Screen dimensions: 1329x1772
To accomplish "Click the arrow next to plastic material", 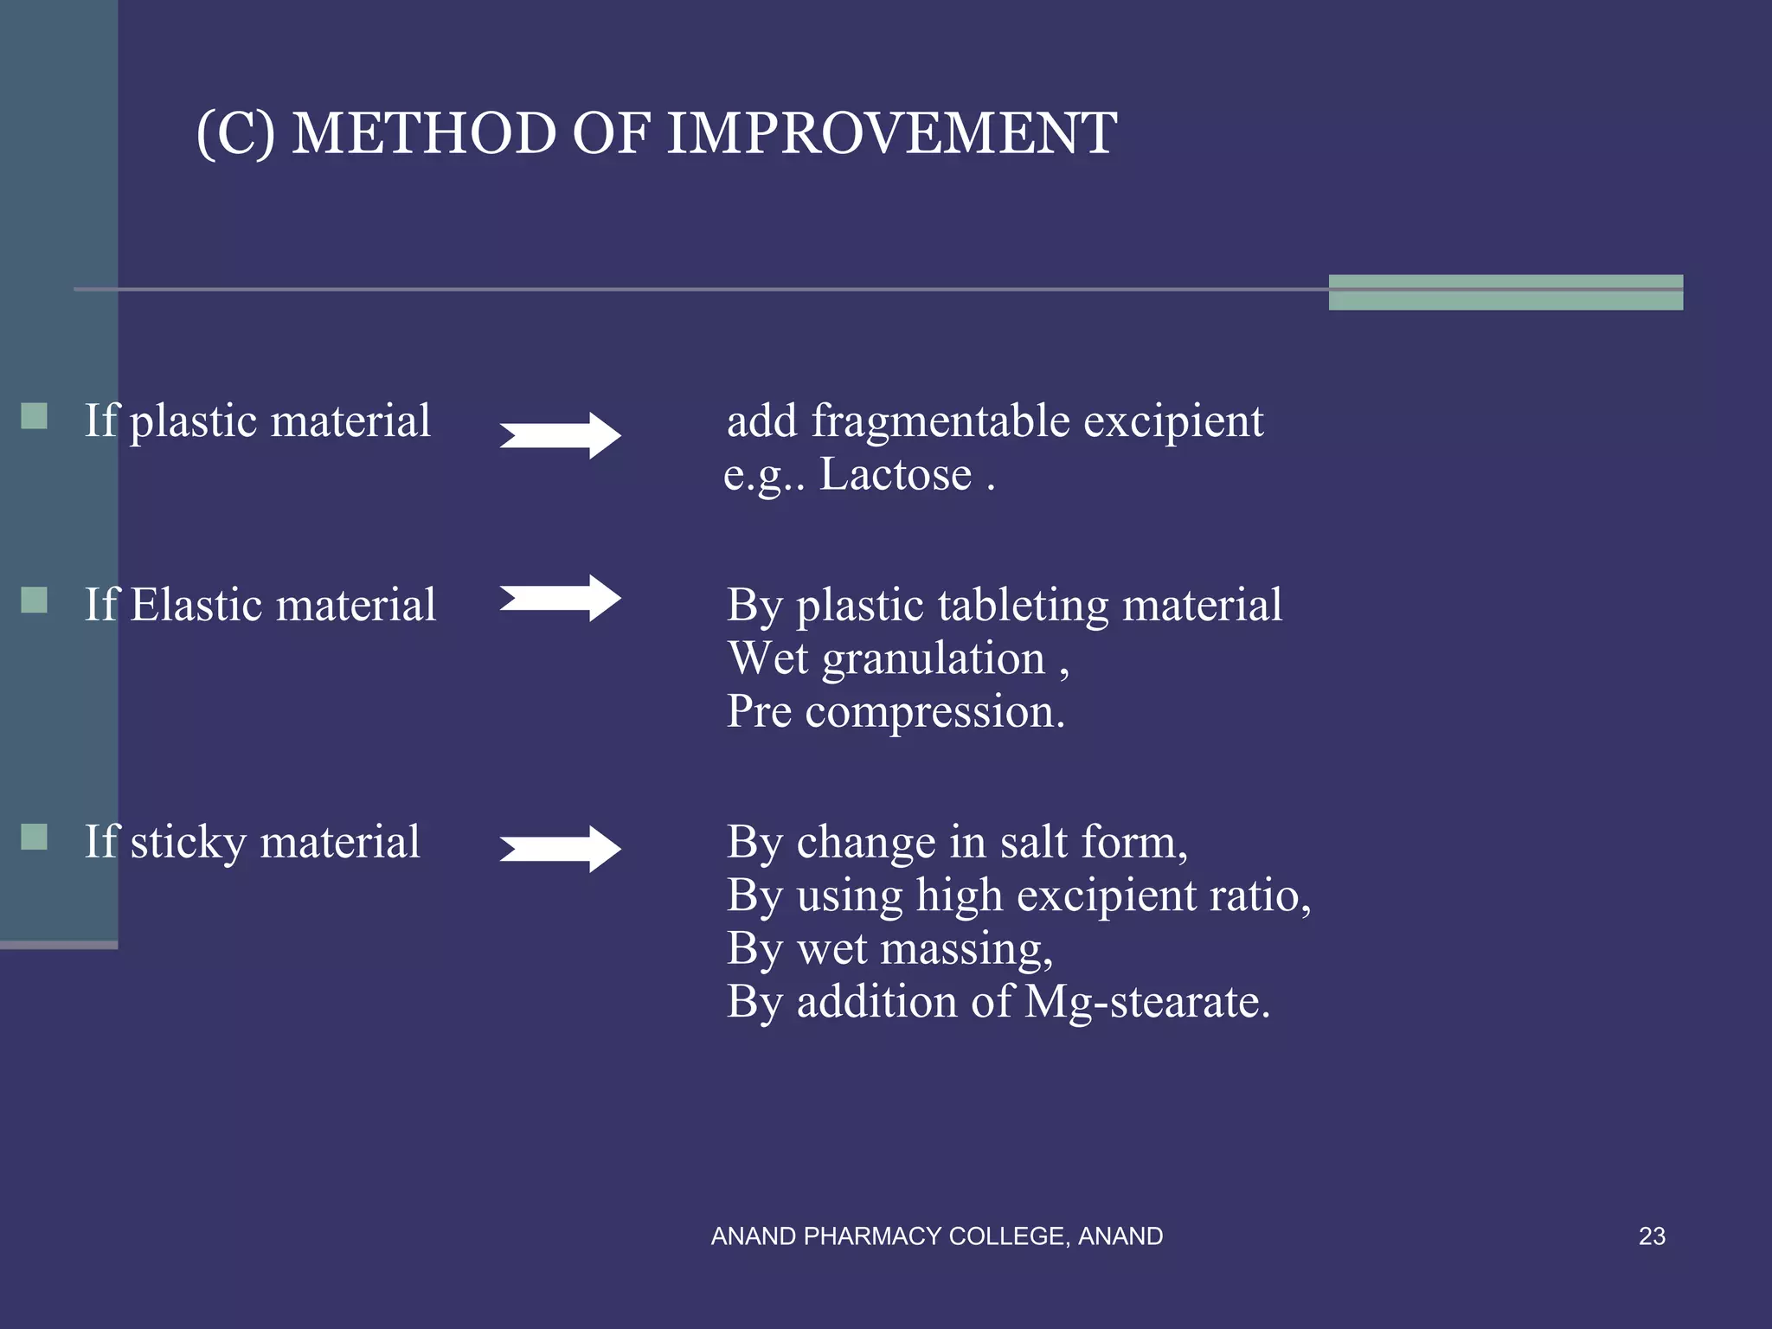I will pos(561,435).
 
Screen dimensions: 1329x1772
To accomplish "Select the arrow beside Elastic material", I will pos(561,598).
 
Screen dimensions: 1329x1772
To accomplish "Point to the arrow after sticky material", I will pos(561,849).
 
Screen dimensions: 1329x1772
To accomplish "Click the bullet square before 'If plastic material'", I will pos(35,416).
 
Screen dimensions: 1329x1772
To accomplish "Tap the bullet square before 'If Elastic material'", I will pos(35,600).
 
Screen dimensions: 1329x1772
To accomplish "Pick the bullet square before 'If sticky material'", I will pos(35,837).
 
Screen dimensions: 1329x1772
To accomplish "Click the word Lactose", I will pos(896,474).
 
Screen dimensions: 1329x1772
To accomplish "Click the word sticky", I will pos(188,843).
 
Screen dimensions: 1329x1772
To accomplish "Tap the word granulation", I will pos(934,659).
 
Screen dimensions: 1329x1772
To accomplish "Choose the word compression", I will pos(934,712).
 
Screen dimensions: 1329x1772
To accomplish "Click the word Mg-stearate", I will pos(1146,1002).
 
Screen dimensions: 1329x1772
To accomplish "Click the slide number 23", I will pos(1652,1236).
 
